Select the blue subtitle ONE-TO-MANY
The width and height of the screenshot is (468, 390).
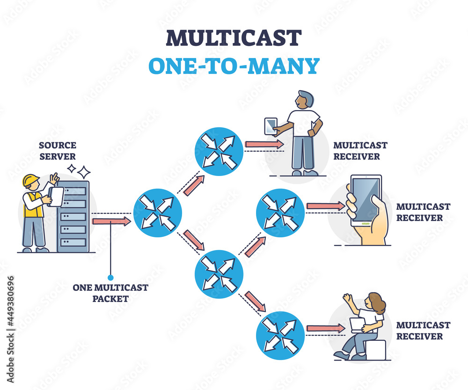tap(234, 66)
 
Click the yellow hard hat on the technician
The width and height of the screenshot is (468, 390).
tap(31, 180)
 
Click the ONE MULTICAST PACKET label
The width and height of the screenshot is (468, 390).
tap(110, 293)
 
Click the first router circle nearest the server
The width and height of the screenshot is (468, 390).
tap(157, 213)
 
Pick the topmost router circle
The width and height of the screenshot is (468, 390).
tap(219, 151)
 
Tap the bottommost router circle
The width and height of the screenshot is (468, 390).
tap(280, 335)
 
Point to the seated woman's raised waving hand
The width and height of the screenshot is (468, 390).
tap(347, 298)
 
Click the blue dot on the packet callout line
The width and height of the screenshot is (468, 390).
tap(110, 277)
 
